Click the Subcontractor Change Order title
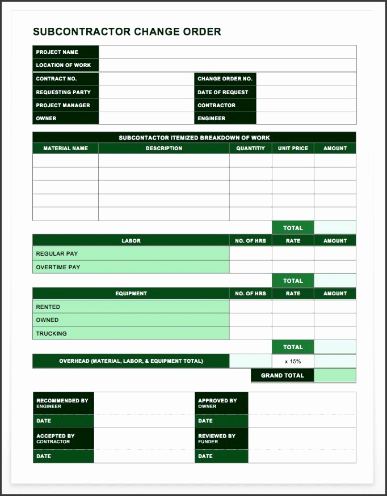(x=127, y=32)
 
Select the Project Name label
(x=57, y=52)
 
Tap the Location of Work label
(x=64, y=65)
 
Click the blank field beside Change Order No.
(x=306, y=79)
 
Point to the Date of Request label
(x=223, y=92)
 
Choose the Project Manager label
(x=63, y=105)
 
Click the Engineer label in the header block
(x=212, y=118)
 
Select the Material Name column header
(x=65, y=149)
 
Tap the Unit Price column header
(x=293, y=149)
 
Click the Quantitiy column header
(x=250, y=149)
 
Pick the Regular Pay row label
(x=57, y=253)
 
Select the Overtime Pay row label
(x=58, y=267)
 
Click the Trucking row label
(x=52, y=333)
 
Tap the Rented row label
(x=48, y=307)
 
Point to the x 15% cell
(x=293, y=361)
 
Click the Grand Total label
(x=282, y=375)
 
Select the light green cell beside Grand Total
(x=335, y=375)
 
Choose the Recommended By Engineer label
(x=62, y=403)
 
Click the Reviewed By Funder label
(x=217, y=438)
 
